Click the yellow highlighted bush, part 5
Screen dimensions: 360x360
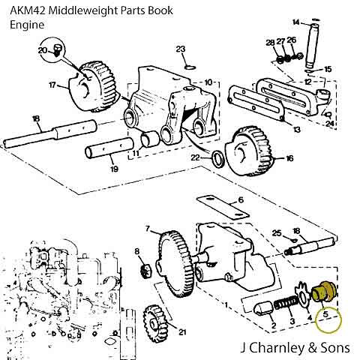[324, 291]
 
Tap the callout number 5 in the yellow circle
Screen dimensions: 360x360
[325, 314]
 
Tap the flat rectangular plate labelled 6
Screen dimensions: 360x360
[223, 208]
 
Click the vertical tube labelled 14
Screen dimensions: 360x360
[312, 46]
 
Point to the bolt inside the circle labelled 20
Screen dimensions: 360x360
[58, 49]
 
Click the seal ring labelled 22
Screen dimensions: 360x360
[218, 159]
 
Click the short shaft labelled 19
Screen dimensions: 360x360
[109, 148]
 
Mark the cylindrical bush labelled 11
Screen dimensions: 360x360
[149, 139]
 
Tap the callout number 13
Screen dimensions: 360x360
[296, 130]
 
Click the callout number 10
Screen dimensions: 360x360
[208, 82]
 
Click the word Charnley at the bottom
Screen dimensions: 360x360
[277, 347]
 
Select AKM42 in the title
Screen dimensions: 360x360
[27, 10]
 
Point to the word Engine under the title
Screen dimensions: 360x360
[27, 25]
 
